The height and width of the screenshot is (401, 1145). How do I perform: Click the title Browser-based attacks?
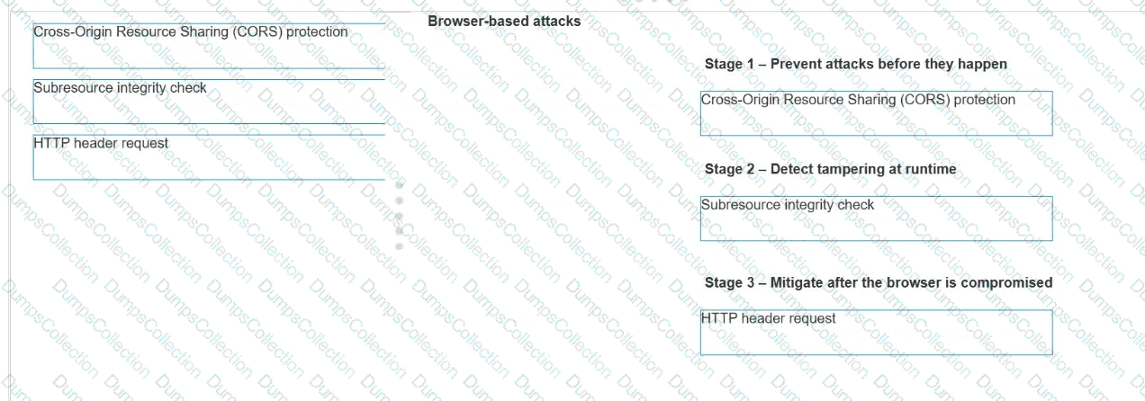coord(504,22)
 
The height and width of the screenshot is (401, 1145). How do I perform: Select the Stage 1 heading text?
coord(856,64)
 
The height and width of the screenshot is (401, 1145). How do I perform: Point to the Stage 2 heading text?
coord(830,169)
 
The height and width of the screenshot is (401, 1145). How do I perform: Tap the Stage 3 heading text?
coord(879,282)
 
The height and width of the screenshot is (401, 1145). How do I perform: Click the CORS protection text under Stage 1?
coord(858,100)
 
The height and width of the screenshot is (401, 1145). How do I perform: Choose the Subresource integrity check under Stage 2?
coord(787,205)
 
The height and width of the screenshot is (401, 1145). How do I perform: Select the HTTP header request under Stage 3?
coord(768,319)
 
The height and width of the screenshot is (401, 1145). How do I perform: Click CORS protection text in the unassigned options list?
coord(190,31)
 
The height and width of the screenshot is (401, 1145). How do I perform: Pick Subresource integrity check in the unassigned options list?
coord(120,88)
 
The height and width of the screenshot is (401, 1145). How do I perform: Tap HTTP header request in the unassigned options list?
coord(100,144)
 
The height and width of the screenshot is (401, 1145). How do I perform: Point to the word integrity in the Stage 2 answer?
coord(807,205)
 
